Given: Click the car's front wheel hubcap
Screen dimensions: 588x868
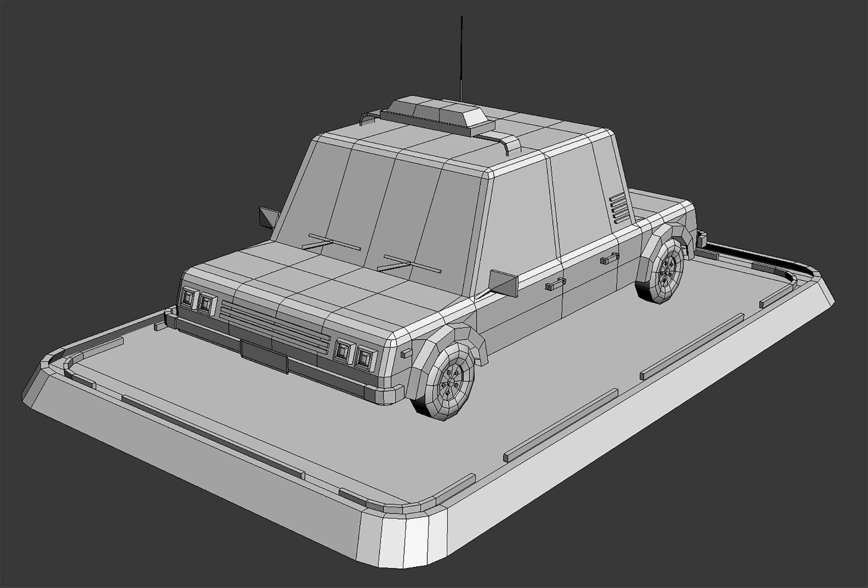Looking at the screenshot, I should pyautogui.click(x=451, y=380).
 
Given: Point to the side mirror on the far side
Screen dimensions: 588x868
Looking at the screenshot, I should pyautogui.click(x=267, y=218).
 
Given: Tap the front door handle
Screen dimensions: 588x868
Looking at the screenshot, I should pyautogui.click(x=555, y=283).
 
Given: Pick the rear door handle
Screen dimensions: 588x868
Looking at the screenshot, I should pyautogui.click(x=610, y=258).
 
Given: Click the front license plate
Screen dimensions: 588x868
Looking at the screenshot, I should pyautogui.click(x=264, y=356).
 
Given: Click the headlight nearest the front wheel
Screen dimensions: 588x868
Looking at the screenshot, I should pyautogui.click(x=365, y=357).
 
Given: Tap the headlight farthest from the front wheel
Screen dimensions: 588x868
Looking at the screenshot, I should pyautogui.click(x=188, y=297).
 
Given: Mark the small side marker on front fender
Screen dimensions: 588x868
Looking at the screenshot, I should pyautogui.click(x=407, y=353).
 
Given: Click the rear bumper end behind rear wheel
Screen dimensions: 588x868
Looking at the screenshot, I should pyautogui.click(x=701, y=238).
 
